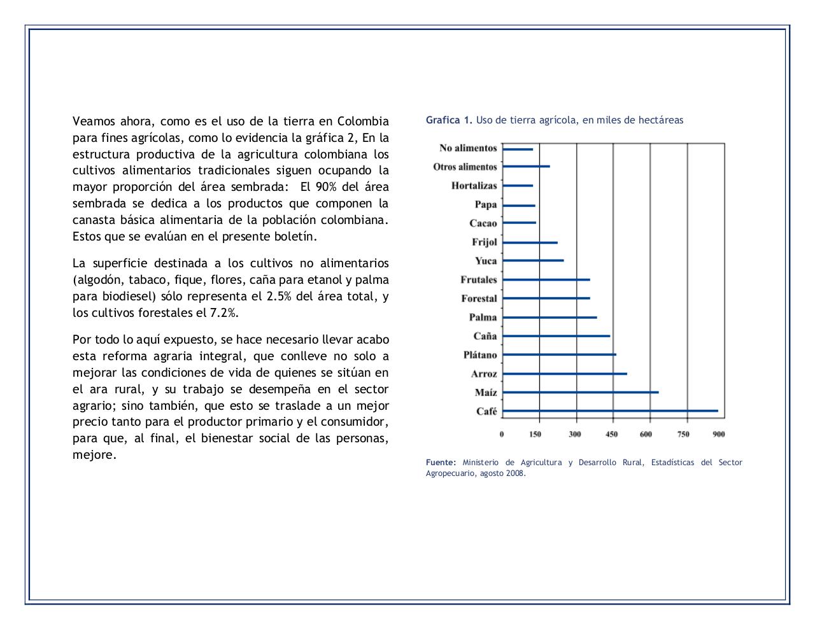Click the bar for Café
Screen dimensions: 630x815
click(610, 411)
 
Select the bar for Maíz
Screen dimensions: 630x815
click(580, 393)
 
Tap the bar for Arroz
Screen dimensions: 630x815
click(564, 374)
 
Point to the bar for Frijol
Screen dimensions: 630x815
click(530, 242)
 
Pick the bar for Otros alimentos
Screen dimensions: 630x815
click(526, 167)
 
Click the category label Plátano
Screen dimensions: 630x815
click(480, 355)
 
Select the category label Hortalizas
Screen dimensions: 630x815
click(474, 186)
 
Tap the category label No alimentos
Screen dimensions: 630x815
click(468, 148)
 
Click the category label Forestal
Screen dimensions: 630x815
click(479, 298)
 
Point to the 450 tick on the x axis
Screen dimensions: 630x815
click(611, 434)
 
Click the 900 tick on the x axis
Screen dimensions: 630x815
click(719, 434)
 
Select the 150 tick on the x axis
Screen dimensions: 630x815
click(535, 434)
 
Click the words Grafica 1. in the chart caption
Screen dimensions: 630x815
click(449, 120)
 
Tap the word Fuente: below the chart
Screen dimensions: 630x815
click(441, 463)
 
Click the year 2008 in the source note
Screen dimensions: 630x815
click(516, 473)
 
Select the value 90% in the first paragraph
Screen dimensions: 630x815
click(326, 187)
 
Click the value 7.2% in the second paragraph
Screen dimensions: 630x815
click(224, 313)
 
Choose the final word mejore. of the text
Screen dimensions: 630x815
click(95, 455)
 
